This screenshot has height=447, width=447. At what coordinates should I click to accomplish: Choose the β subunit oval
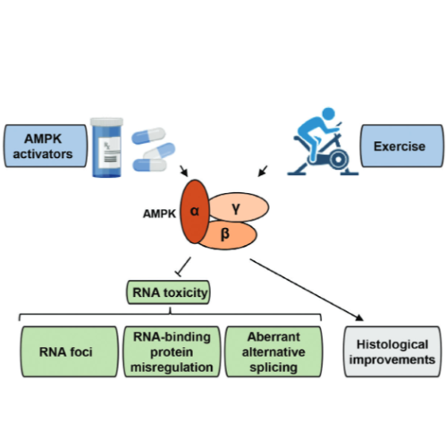(227, 235)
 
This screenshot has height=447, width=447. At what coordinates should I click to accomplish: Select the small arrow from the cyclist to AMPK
(266, 171)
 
